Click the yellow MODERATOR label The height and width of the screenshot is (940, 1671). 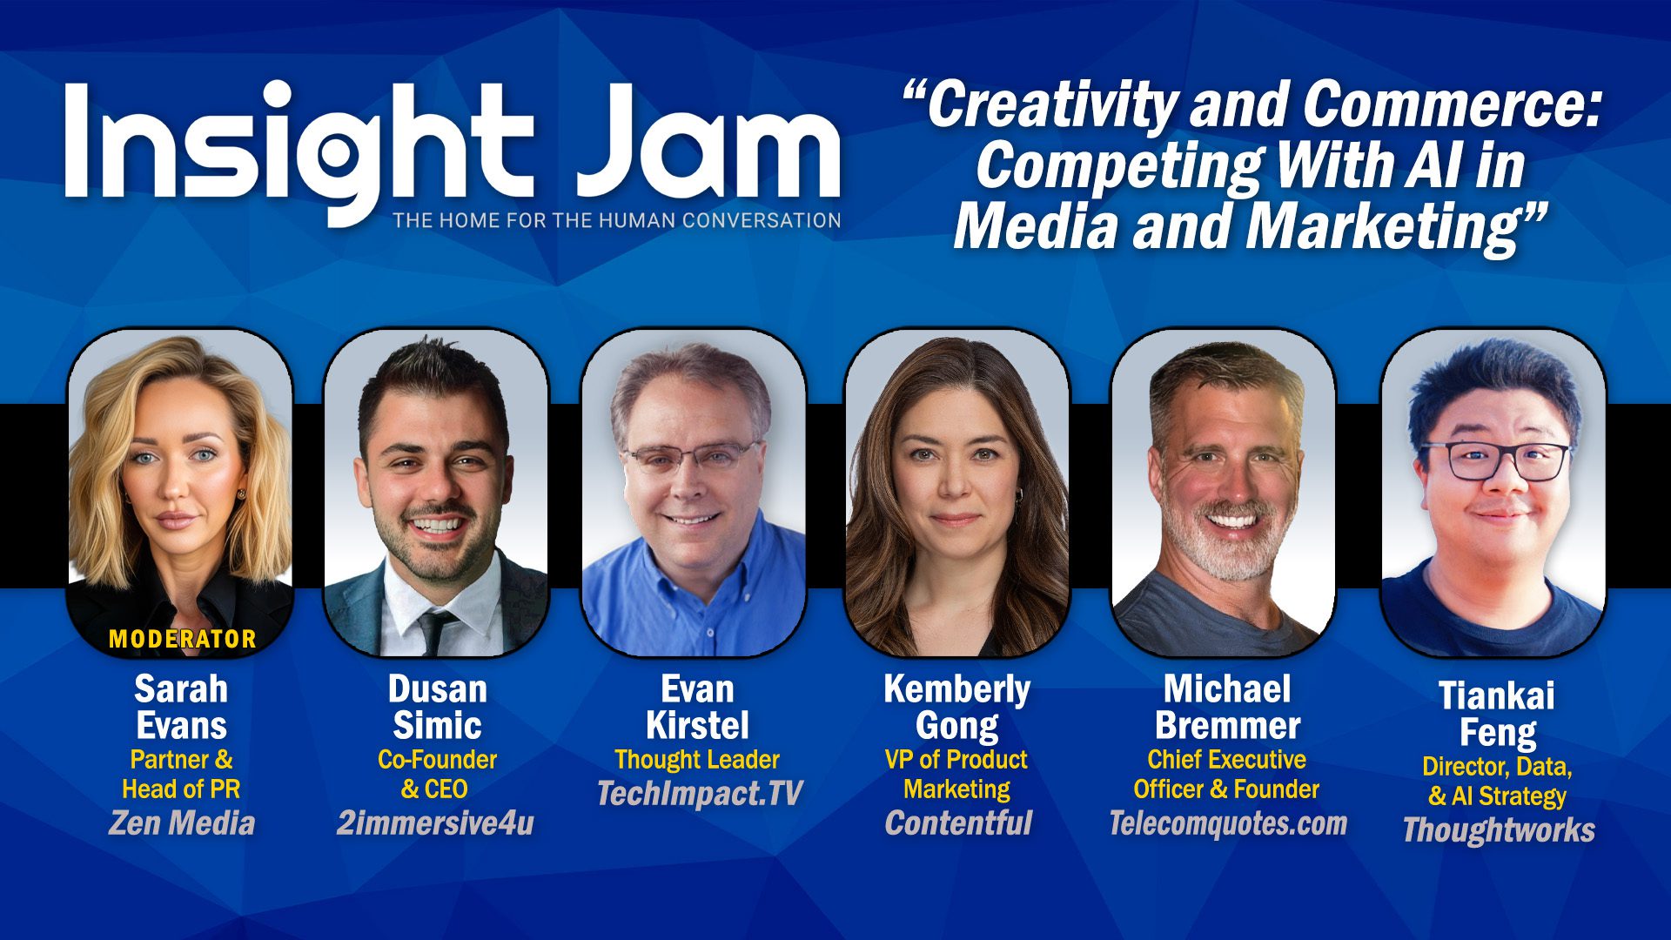tap(183, 639)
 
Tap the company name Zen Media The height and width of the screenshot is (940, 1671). tap(182, 822)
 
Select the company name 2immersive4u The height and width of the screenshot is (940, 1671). tap(435, 822)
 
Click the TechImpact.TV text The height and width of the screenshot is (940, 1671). tap(699, 793)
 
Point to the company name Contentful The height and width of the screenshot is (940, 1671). tap(958, 822)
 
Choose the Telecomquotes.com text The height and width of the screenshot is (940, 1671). tap(1228, 822)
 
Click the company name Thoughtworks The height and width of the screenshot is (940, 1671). tap(1499, 829)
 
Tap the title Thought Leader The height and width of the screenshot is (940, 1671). tap(697, 759)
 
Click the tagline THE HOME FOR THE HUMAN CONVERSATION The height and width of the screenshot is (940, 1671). tap(617, 220)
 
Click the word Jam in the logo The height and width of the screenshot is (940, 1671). tap(708, 141)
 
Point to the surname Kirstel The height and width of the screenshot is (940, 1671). tap(697, 725)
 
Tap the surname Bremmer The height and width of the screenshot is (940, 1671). tap(1228, 725)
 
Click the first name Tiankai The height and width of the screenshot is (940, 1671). tap(1497, 695)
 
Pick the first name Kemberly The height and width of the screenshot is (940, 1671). tap(957, 689)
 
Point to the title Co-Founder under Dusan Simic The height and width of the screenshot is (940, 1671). tap(438, 759)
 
